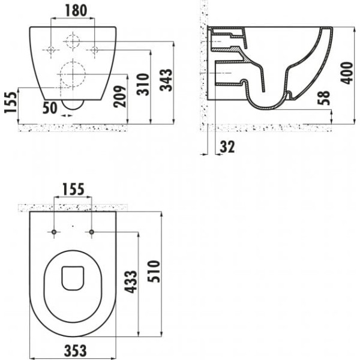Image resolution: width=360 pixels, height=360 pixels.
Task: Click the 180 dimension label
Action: (x=76, y=11)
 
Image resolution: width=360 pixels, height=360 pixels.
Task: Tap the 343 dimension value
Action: (x=166, y=80)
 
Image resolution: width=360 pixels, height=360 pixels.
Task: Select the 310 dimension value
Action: (x=143, y=84)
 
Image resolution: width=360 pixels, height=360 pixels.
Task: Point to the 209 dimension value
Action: (x=120, y=97)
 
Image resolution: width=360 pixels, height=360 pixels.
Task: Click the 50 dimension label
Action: (x=50, y=108)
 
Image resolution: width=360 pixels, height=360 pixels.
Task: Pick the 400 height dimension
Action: (x=347, y=73)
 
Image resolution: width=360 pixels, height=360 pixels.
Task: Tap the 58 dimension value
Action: (x=324, y=98)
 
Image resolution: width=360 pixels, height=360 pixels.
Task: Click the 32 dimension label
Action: (x=227, y=147)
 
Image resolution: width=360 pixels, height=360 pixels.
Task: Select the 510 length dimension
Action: (x=154, y=271)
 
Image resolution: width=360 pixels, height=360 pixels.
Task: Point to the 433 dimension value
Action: (x=131, y=282)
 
